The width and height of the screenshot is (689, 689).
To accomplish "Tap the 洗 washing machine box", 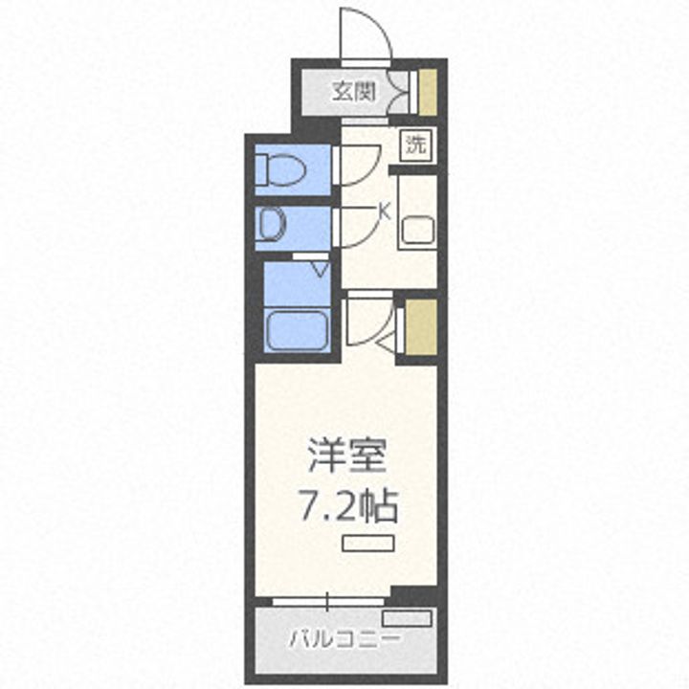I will tap(416, 145).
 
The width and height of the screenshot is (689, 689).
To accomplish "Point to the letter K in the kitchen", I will tap(385, 211).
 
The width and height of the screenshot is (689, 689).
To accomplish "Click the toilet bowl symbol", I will tap(280, 171).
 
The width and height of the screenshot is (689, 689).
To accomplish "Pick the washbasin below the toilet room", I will tap(272, 226).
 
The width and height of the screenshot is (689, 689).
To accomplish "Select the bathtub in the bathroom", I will tap(297, 330).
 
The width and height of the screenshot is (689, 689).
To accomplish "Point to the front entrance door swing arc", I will tap(366, 34).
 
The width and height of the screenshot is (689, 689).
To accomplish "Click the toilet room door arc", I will tap(358, 163).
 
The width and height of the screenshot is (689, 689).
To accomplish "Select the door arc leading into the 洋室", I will tap(368, 321).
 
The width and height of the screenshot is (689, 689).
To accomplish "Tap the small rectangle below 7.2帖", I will tap(368, 543).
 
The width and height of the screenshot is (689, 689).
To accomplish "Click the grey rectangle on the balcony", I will tap(407, 618).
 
